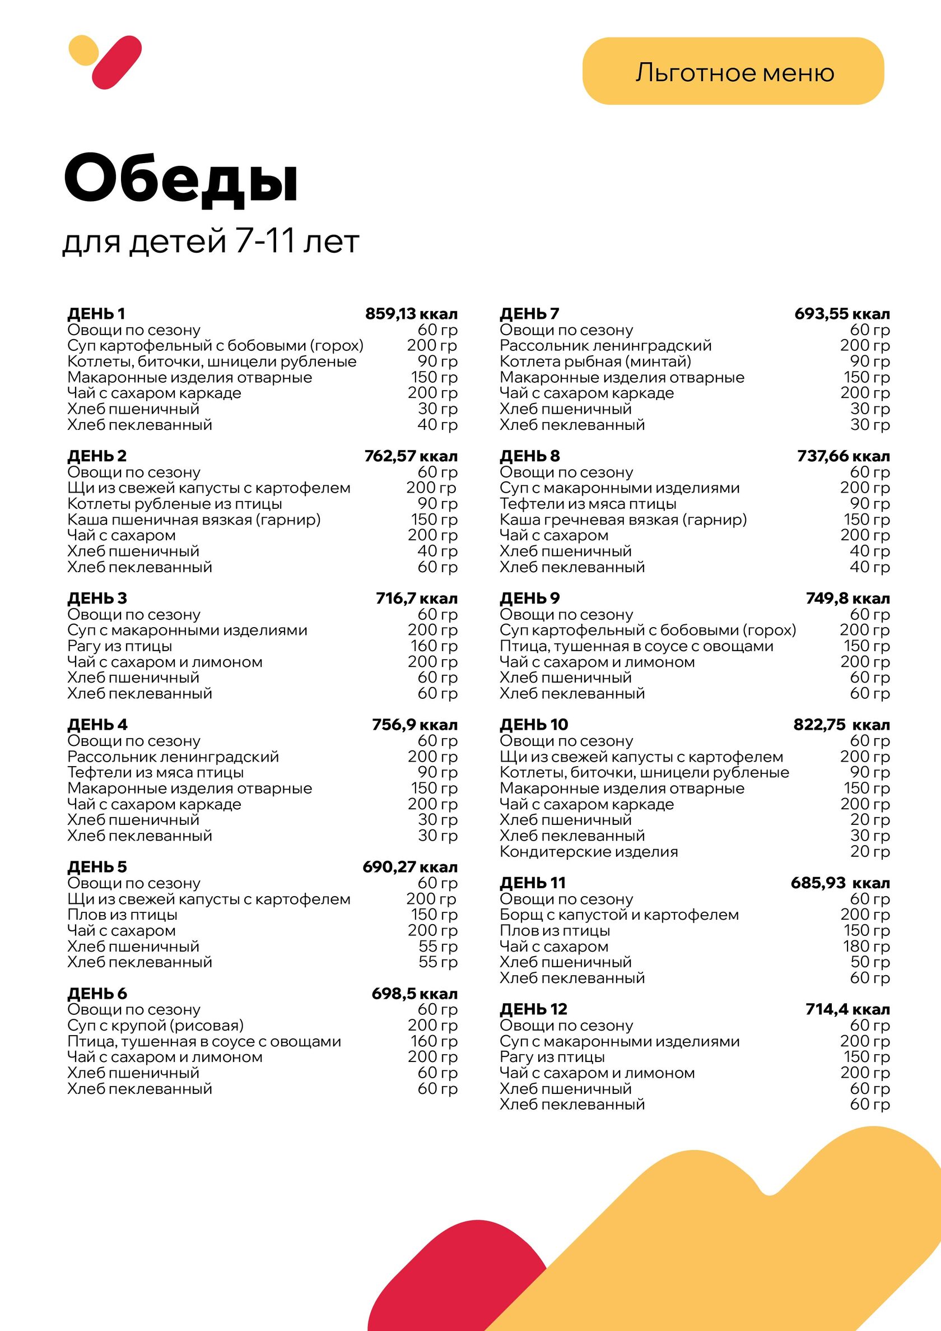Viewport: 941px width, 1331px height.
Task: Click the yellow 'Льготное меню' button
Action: (x=733, y=71)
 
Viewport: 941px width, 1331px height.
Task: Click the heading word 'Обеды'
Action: (x=181, y=178)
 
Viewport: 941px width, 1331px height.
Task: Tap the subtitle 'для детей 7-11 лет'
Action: (x=211, y=240)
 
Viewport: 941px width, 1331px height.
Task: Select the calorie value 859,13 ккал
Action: (x=411, y=314)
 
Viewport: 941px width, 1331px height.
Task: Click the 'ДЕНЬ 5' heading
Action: (x=97, y=866)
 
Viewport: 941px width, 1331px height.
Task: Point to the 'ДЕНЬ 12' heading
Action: (x=533, y=1009)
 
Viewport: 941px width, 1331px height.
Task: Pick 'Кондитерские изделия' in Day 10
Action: (x=589, y=852)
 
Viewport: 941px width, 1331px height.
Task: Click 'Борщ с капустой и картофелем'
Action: (x=619, y=915)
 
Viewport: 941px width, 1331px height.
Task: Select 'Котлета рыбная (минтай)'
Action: (x=595, y=361)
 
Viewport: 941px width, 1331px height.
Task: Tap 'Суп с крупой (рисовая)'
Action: (x=155, y=1026)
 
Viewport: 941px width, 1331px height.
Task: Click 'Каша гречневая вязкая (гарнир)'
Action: (x=623, y=520)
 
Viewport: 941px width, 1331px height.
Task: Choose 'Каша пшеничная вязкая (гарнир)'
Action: (x=194, y=520)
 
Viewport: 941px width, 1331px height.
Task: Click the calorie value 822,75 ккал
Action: (x=841, y=725)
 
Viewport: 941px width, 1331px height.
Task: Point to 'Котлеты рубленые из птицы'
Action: (x=174, y=504)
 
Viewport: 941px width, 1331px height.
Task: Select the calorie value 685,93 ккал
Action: (x=840, y=883)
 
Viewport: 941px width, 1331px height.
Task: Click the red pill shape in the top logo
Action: (x=117, y=63)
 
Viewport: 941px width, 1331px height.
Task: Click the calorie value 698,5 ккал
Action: (x=414, y=994)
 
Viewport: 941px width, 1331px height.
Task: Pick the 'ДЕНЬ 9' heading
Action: (x=530, y=599)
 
